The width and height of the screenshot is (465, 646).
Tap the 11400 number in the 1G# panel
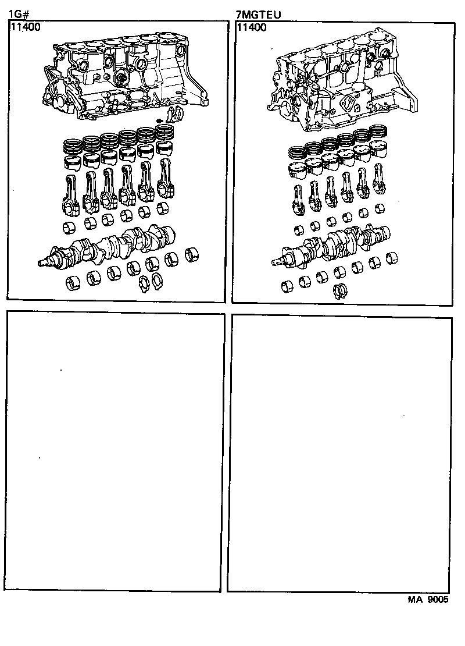(x=25, y=27)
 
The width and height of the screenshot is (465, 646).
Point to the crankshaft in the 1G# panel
(x=116, y=247)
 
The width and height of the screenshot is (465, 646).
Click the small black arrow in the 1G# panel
(x=161, y=120)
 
